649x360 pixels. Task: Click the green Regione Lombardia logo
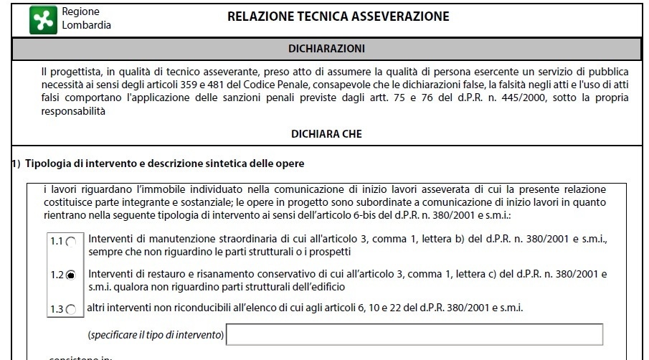[42, 19]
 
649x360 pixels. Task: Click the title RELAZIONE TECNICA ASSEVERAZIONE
[338, 16]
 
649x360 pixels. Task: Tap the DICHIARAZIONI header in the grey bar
[326, 49]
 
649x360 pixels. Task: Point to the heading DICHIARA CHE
[326, 133]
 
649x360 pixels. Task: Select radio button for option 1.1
[70, 242]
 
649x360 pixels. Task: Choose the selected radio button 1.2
[70, 275]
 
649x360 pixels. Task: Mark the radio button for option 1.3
[70, 310]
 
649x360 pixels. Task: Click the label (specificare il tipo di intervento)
[156, 335]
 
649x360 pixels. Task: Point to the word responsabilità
[73, 111]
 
